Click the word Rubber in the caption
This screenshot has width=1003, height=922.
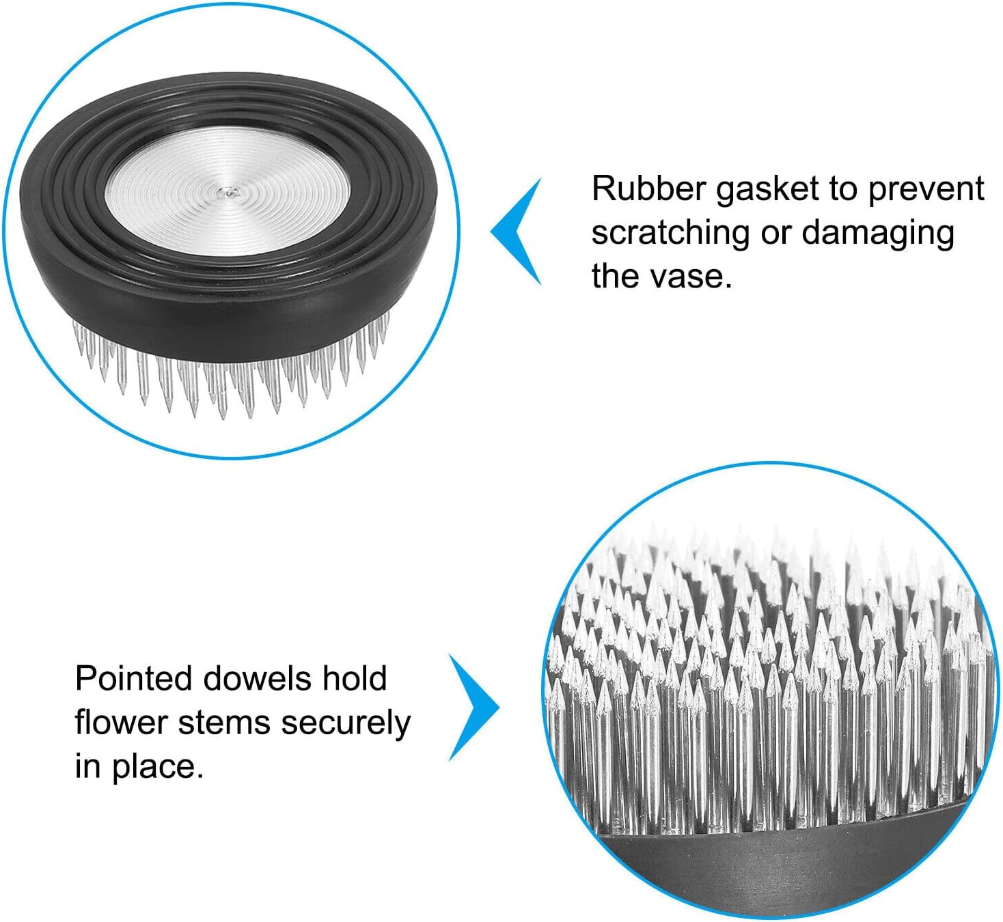pyautogui.click(x=649, y=188)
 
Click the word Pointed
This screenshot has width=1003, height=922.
pyautogui.click(x=133, y=679)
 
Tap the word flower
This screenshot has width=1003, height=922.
pyautogui.click(x=122, y=723)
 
